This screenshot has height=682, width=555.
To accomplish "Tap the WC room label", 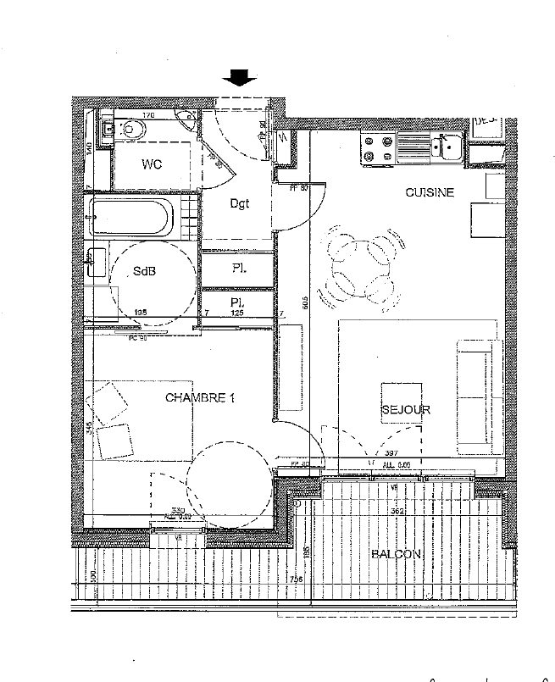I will pyautogui.click(x=153, y=163).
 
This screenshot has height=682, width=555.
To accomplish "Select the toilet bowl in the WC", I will pyautogui.click(x=135, y=130).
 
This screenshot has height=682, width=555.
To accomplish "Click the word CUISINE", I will pyautogui.click(x=429, y=193).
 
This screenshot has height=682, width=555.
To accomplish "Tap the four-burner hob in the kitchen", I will pyautogui.click(x=377, y=149).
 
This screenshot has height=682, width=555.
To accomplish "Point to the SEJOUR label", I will pyautogui.click(x=405, y=410).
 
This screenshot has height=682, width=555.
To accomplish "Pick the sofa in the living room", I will pyautogui.click(x=474, y=395).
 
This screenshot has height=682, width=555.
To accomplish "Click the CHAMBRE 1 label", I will pyautogui.click(x=199, y=397).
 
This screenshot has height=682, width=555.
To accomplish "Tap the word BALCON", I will pyautogui.click(x=396, y=554).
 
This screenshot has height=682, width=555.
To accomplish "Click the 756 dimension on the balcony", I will pyautogui.click(x=296, y=579).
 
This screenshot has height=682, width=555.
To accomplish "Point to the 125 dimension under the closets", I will pyautogui.click(x=238, y=313).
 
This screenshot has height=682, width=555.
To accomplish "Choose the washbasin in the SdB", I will pyautogui.click(x=95, y=263).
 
